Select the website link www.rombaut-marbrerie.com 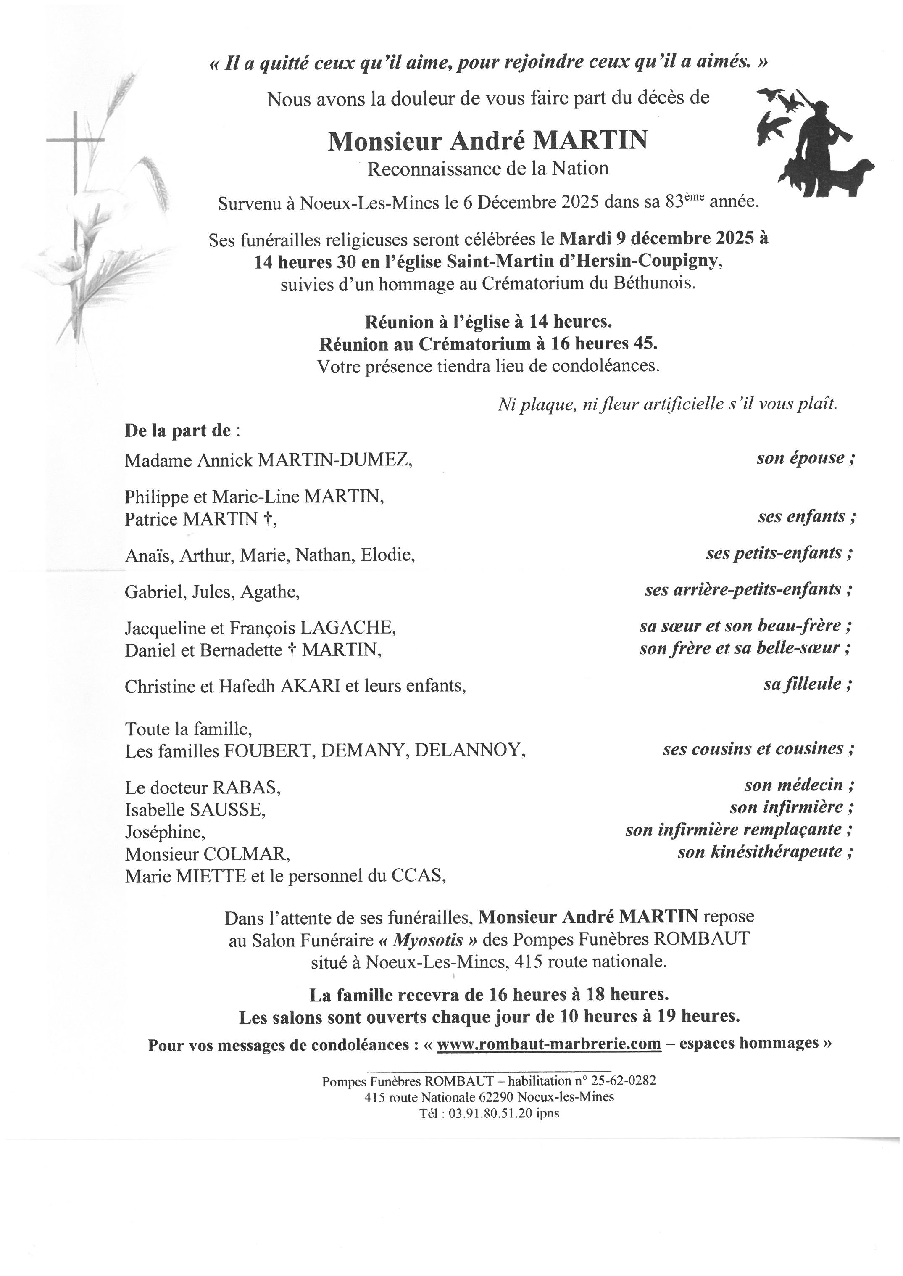549,1044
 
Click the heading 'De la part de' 177,431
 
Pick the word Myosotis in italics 428,940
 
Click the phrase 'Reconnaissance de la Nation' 488,169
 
